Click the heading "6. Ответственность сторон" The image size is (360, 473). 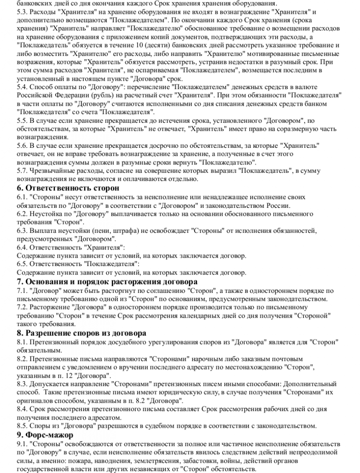point(68,188)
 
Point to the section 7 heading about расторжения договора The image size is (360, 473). point(107,281)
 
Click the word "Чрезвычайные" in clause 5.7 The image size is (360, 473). point(54,171)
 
